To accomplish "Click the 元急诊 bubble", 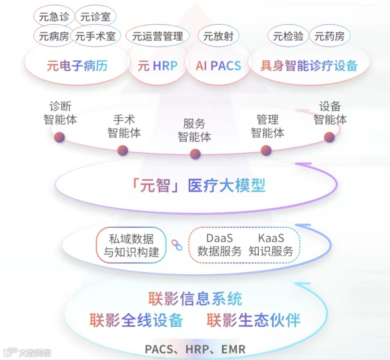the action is point(54,17).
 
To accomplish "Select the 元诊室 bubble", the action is point(95,17).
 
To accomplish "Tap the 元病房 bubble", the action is point(54,36).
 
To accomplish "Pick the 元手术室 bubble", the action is point(95,36).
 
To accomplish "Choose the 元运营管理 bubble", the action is point(157,36).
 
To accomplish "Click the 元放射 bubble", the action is point(218,36).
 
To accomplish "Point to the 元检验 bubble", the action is point(288,36).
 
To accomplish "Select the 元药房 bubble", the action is point(330,36).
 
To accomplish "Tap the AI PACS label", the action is point(218,66).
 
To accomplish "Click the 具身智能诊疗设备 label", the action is point(309,66).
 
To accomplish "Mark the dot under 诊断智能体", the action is point(60,137).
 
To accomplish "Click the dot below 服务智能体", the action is point(195,154).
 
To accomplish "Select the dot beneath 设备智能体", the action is point(330,137).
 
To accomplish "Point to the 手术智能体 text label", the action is point(124,126).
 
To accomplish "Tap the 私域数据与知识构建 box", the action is point(131,245).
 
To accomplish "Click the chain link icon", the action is point(177,245).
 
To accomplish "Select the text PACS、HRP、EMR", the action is point(195,349).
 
